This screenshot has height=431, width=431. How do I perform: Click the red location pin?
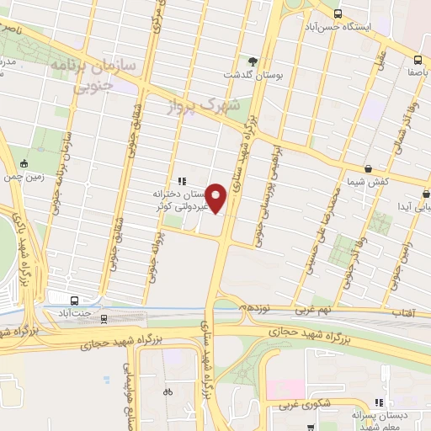coord(217,199)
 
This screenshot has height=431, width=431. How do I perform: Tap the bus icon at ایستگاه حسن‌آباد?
coord(338,13)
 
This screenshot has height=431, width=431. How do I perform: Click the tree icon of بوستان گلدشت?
coord(252,61)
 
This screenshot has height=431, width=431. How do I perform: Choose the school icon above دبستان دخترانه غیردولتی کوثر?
coord(181,180)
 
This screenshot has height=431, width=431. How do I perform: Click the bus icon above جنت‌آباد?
coord(75,301)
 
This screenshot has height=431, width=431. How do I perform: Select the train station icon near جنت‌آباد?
coord(104,318)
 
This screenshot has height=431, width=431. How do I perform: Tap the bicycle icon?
coord(168,391)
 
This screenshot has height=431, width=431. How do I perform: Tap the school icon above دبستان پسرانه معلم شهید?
coord(380,402)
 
